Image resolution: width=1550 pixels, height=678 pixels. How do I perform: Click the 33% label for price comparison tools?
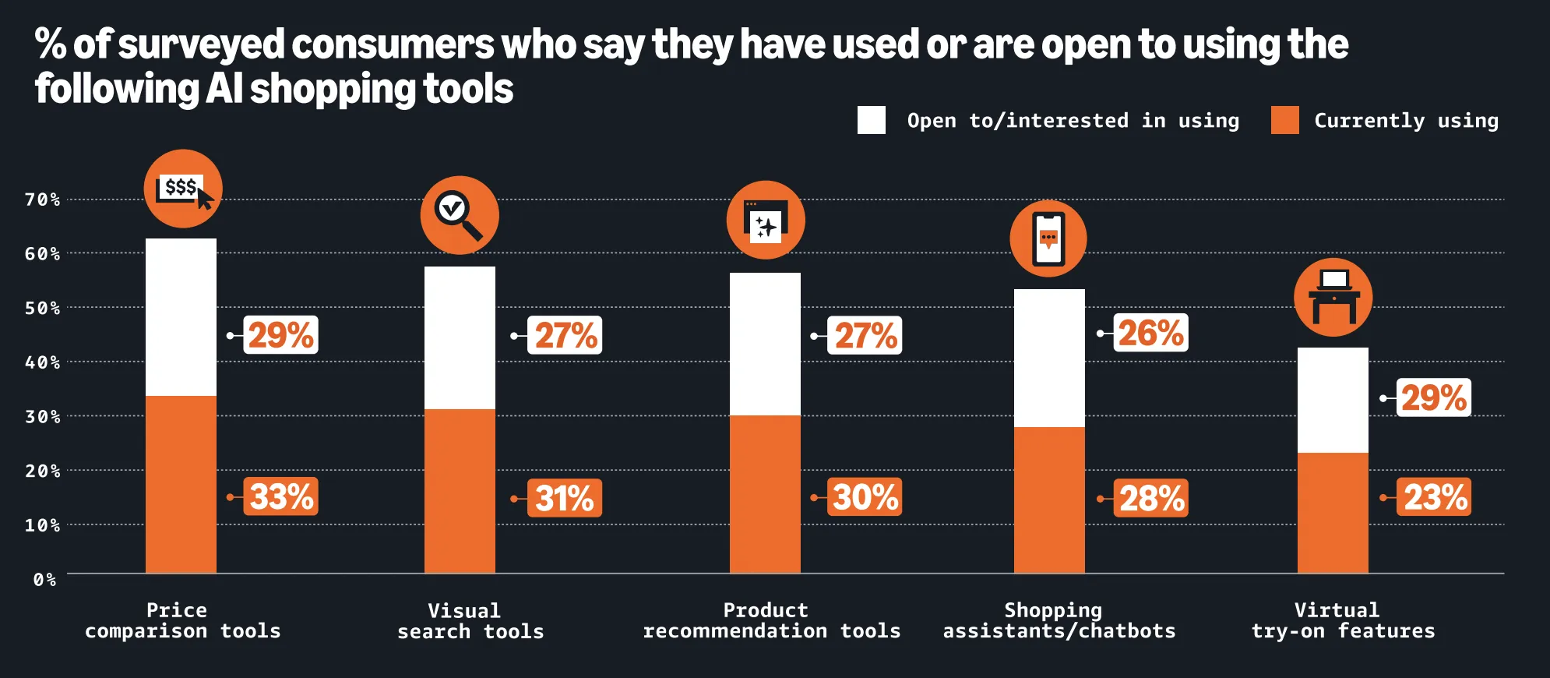(280, 496)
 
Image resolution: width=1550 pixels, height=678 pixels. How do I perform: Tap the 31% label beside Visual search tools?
(565, 498)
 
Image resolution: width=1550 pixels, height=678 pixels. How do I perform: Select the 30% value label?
(864, 496)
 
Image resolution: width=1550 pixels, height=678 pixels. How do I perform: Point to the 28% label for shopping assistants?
(1150, 498)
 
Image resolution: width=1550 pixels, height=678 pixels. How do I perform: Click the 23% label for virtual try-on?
(1434, 496)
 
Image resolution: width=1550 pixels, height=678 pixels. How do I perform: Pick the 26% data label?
(1150, 333)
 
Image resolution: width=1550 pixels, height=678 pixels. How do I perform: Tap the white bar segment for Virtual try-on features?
(1333, 400)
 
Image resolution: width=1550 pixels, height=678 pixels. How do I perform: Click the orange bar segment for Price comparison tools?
(181, 484)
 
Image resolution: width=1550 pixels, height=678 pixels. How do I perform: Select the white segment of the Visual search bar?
(460, 337)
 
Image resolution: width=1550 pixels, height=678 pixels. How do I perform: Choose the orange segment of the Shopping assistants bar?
(1049, 500)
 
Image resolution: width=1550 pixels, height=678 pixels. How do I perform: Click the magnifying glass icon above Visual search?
(460, 215)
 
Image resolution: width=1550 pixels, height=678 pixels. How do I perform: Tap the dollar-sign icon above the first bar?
(183, 189)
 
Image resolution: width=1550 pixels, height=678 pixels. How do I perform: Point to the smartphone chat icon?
(1048, 238)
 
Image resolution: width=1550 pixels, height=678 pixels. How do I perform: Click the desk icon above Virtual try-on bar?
(1333, 297)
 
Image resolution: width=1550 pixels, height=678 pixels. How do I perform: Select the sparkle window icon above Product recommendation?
(766, 220)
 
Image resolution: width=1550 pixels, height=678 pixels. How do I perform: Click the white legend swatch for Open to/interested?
(871, 120)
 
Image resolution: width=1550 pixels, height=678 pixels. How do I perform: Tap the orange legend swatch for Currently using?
(1284, 120)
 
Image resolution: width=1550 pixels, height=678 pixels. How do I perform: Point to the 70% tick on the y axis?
(42, 200)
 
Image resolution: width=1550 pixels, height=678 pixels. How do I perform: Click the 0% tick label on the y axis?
(44, 580)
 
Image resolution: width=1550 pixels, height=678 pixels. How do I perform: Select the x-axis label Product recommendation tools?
(771, 620)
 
